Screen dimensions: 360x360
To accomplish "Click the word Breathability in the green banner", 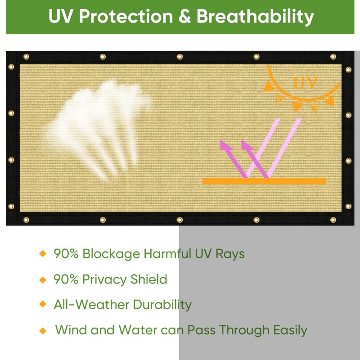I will click(x=255, y=17).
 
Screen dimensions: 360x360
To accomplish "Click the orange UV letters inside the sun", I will click(x=306, y=82).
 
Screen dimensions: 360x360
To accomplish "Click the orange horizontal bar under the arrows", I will click(x=264, y=181).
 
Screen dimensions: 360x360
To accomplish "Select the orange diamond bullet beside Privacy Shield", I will click(x=43, y=279).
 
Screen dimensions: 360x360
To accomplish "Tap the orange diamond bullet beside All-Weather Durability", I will click(x=43, y=305).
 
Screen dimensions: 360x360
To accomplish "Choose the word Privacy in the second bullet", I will click(x=104, y=279).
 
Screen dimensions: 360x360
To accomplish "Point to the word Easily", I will click(x=290, y=330).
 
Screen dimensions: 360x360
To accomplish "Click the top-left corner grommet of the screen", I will click(x=26, y=57).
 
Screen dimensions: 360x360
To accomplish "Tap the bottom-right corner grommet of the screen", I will click(x=333, y=220).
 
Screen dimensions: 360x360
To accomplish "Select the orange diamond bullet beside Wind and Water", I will click(x=43, y=331).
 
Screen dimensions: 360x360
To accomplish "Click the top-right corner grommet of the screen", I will click(x=333, y=57).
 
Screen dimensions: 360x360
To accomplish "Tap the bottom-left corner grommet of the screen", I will click(x=26, y=220).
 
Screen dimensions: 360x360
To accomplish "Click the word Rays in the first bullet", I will click(x=231, y=254).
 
